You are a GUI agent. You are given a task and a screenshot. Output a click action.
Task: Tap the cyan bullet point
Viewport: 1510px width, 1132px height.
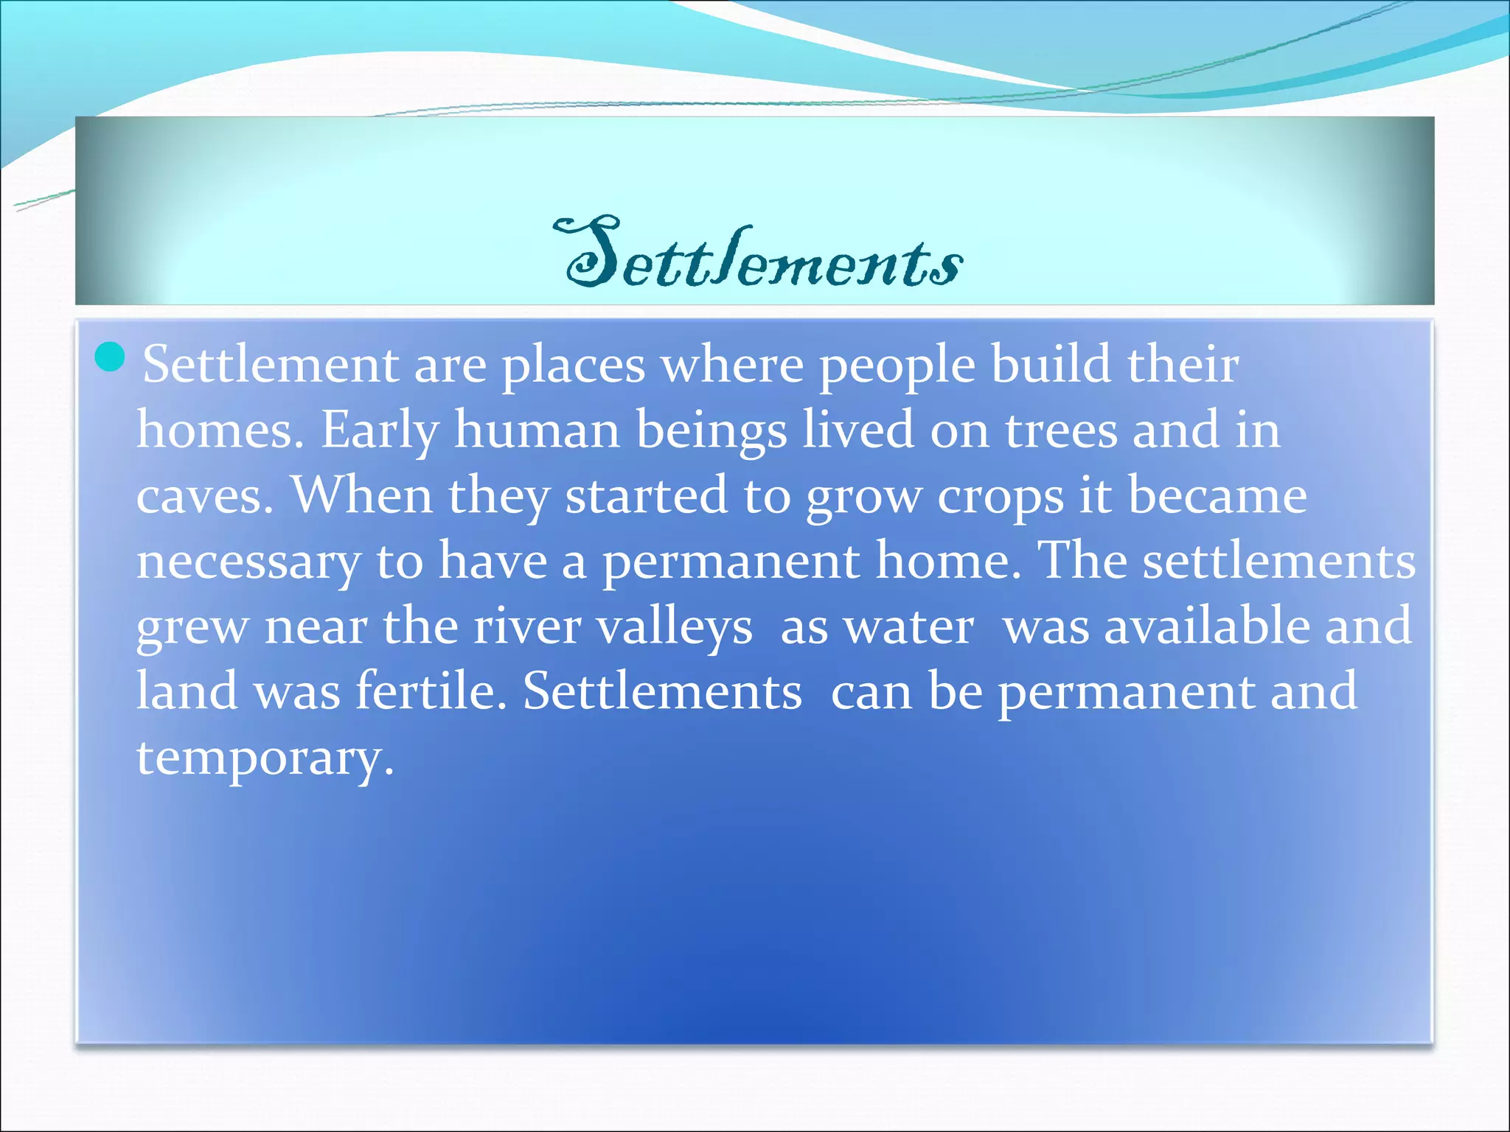pos(111,357)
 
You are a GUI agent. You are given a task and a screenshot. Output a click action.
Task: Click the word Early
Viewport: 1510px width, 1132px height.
pos(379,430)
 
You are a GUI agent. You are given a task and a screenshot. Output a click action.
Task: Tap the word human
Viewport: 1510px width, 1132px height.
pos(537,430)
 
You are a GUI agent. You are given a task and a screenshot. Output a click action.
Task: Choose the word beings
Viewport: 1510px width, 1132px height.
pos(711,432)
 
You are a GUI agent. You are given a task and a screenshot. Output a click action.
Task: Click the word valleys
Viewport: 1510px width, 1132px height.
pos(674,628)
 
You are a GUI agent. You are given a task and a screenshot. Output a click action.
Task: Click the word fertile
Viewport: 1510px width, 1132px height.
pos(431,691)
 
